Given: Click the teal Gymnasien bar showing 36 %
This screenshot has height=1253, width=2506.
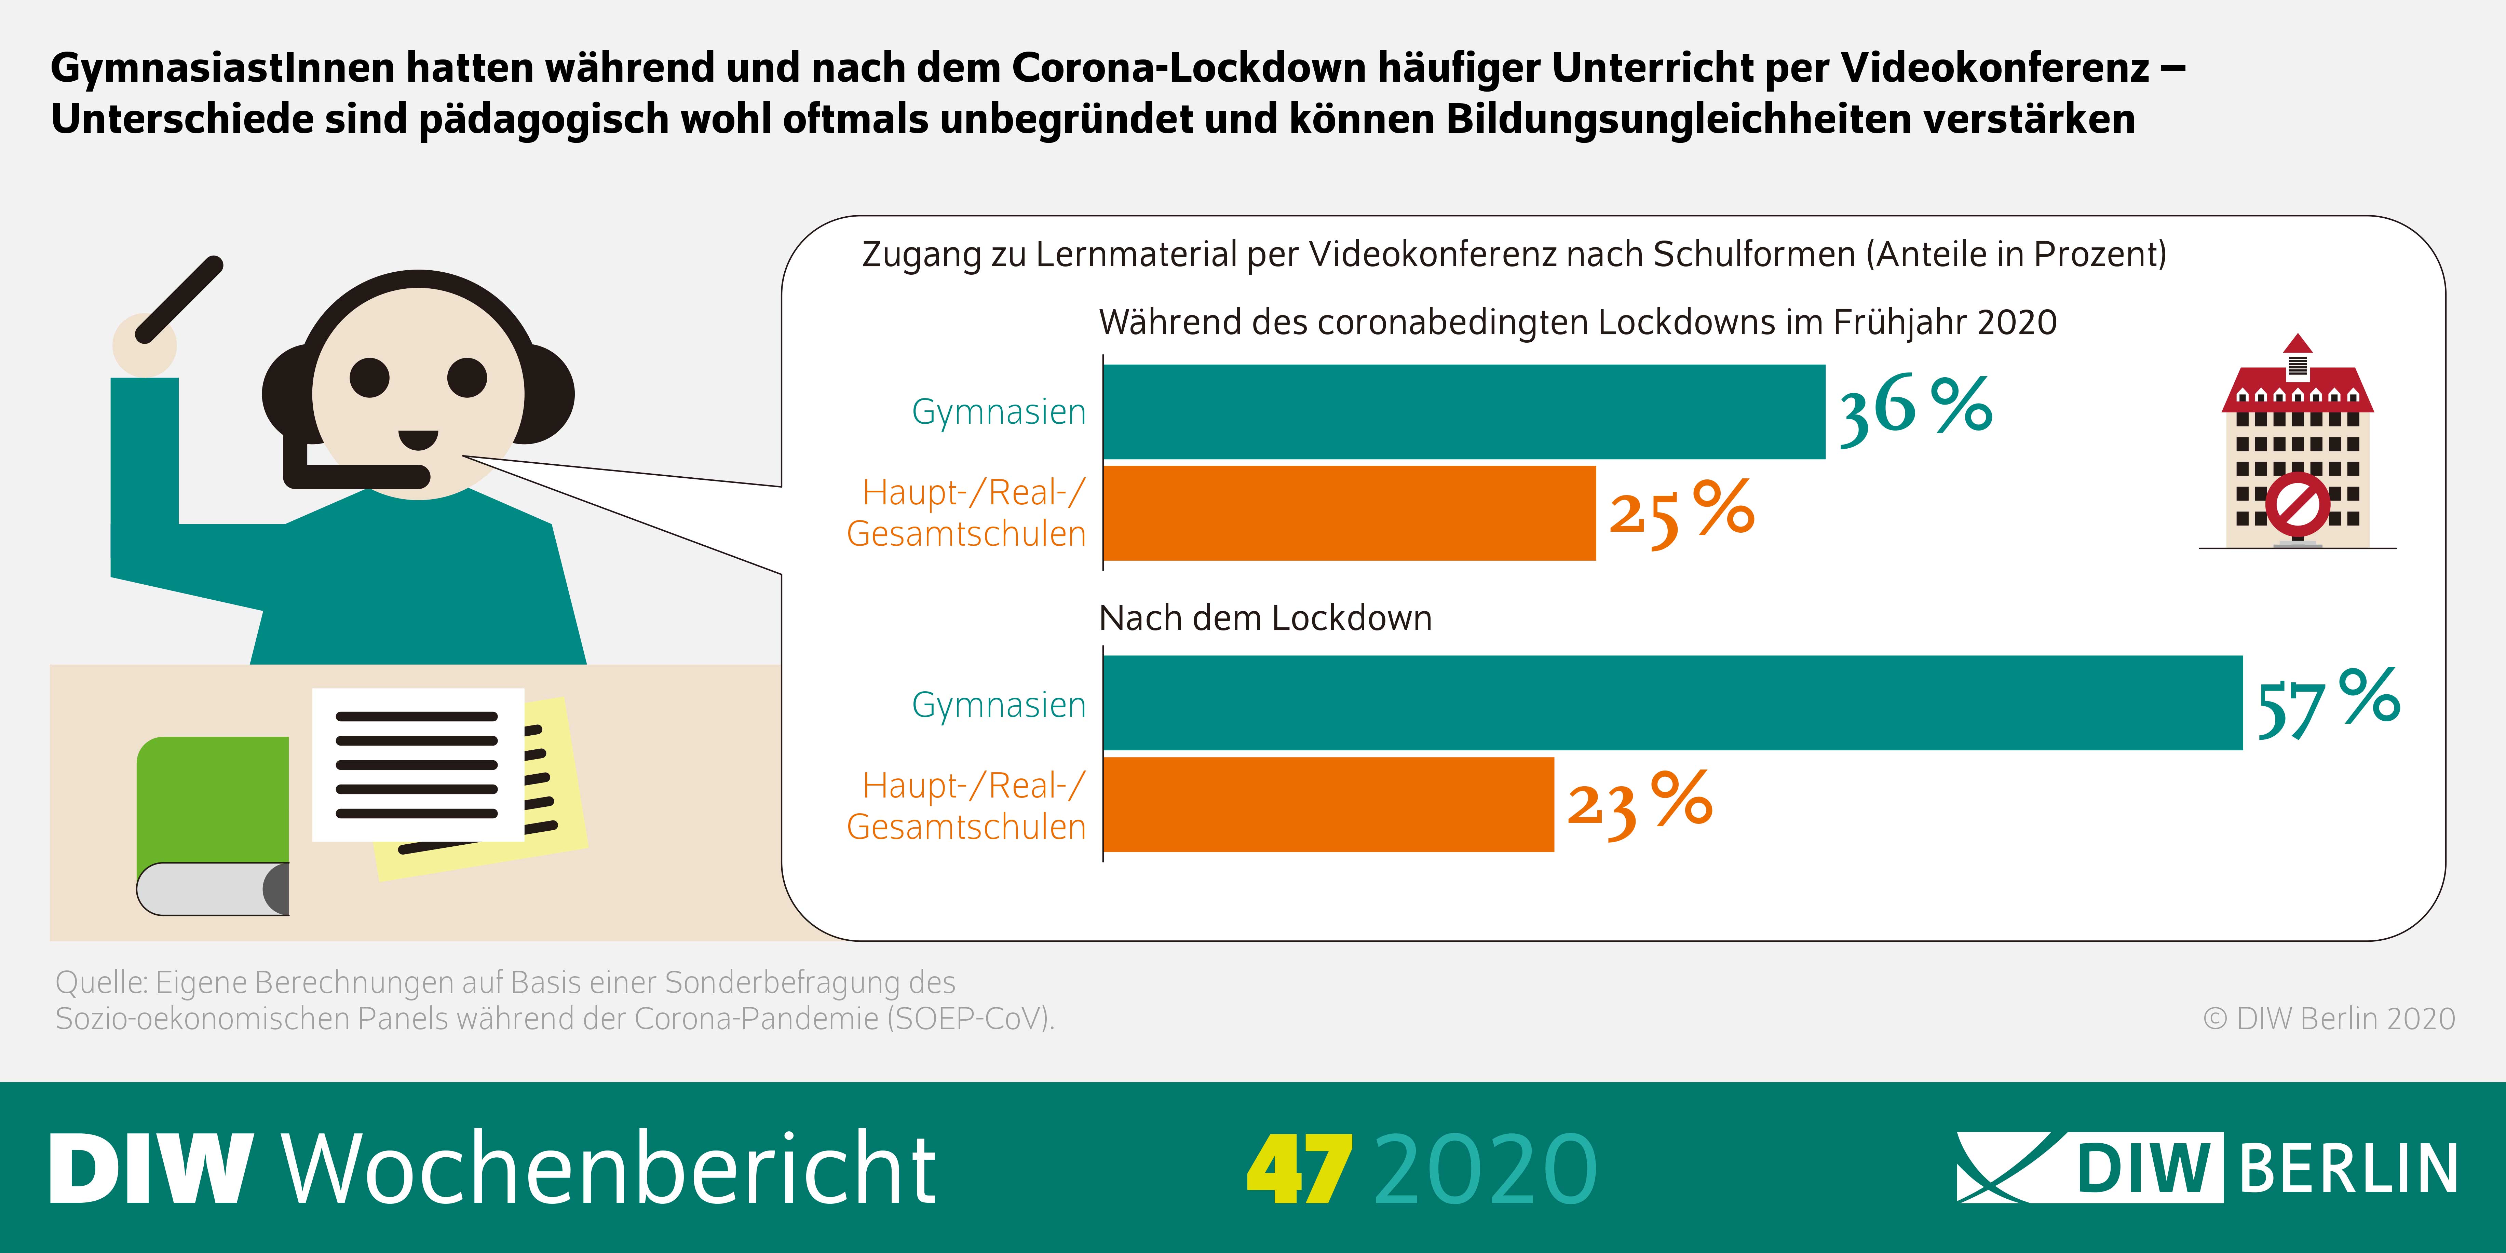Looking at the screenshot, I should click(1464, 411).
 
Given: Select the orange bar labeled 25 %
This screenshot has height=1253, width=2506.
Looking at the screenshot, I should click(1349, 513).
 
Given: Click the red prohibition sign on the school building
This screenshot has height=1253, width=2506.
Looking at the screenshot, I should click(2298, 504).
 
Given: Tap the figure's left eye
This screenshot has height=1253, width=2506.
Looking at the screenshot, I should click(370, 378).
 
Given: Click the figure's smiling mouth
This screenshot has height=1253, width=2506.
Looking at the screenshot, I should click(418, 440).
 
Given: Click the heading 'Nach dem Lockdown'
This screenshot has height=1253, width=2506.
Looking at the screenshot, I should click(1265, 619).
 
